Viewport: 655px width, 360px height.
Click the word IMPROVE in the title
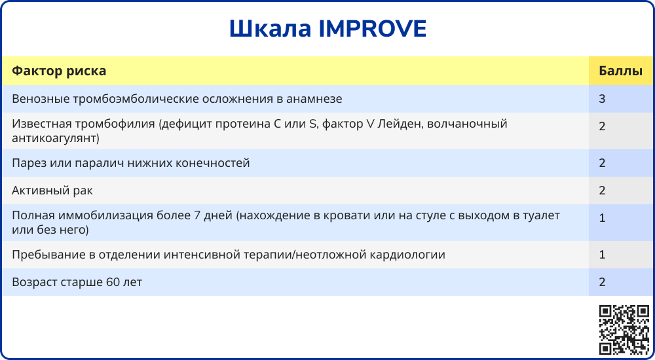(372, 29)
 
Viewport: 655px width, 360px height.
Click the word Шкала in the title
(271, 29)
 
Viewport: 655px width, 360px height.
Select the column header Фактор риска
(59, 71)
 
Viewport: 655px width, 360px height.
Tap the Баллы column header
(620, 71)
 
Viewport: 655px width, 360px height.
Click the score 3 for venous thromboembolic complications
(602, 99)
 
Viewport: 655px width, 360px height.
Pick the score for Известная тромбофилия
(602, 126)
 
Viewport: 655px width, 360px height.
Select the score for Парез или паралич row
(602, 163)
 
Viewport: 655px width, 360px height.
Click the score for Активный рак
(602, 190)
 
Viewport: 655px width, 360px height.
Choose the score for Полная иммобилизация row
(602, 218)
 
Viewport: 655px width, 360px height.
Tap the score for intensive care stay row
(602, 255)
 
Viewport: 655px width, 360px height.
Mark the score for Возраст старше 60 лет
(602, 282)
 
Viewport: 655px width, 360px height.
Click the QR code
(624, 330)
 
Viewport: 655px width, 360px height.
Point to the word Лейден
(400, 124)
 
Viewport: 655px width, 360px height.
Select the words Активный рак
(52, 191)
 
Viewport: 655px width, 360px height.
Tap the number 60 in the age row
(113, 282)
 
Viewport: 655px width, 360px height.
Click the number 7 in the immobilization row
(198, 217)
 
